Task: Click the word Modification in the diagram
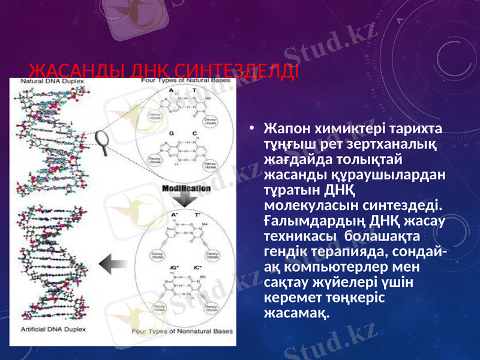coord(186,188)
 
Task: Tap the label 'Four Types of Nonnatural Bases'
coord(183,331)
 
